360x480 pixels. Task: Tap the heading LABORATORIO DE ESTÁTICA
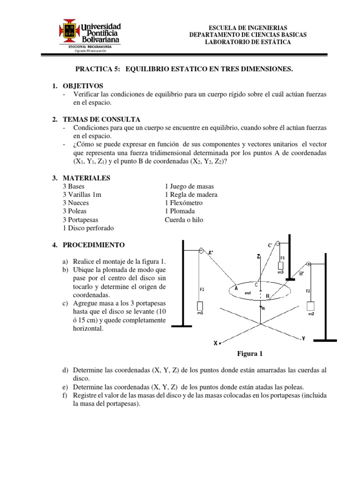click(x=247, y=42)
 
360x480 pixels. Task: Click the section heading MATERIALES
click(x=86, y=178)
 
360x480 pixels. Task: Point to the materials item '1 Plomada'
click(x=180, y=211)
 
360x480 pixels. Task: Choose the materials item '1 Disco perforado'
click(x=88, y=228)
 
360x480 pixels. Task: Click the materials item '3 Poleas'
click(x=75, y=211)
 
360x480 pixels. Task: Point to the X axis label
click(x=216, y=343)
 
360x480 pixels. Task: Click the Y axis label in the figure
click(x=303, y=338)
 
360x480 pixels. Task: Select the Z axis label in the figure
click(x=258, y=257)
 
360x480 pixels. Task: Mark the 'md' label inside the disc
click(x=247, y=293)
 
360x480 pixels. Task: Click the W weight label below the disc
click(x=263, y=308)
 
